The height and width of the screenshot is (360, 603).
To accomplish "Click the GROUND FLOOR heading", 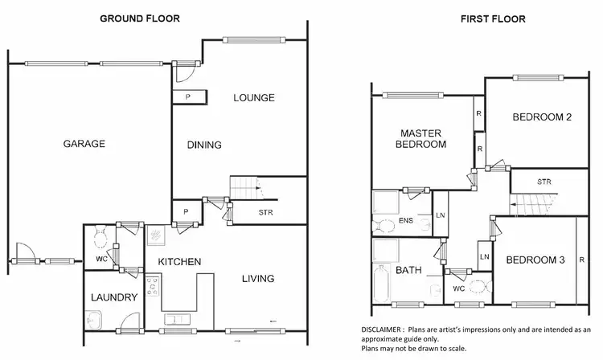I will click(139, 18).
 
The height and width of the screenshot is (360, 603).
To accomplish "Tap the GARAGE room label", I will click(84, 145).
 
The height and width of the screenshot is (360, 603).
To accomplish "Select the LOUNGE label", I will click(254, 98).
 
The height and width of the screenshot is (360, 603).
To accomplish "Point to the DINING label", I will click(204, 145).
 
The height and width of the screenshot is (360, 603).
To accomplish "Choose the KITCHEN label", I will click(178, 262).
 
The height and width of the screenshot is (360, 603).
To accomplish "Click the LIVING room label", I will click(258, 279).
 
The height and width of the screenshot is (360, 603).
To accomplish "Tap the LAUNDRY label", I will click(113, 297).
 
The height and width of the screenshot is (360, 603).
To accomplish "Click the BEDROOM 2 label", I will click(542, 117).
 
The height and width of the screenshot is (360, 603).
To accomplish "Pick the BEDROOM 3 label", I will click(534, 260).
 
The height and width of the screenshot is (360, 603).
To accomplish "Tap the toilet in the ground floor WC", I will click(102, 239).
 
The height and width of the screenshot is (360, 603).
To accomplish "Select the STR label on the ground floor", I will click(266, 213).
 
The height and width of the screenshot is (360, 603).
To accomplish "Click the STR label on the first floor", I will click(544, 182).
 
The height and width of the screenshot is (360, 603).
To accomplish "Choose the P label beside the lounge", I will click(188, 97).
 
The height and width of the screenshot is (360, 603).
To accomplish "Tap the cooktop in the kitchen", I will click(153, 285).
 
